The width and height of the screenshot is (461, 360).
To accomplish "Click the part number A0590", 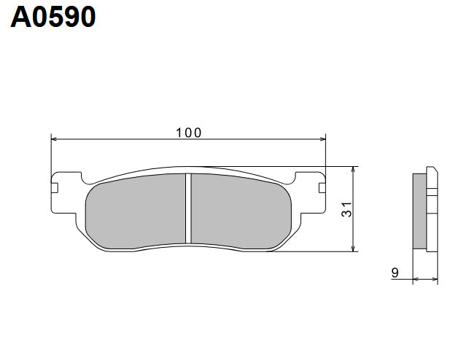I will [53, 17].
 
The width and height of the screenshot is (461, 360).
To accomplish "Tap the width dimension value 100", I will [188, 133].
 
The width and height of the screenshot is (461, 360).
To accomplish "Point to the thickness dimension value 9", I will [395, 273].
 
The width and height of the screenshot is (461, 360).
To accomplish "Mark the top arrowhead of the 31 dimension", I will [354, 170].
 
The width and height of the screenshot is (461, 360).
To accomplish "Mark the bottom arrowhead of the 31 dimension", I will [354, 249].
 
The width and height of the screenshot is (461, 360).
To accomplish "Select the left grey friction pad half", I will [135, 211].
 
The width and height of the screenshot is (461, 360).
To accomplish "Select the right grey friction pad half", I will [241, 211].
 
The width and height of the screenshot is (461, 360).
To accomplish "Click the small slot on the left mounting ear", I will [55, 187].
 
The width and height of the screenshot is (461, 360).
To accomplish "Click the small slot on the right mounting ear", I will [321, 187].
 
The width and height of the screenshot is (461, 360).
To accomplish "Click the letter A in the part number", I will [20, 17].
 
